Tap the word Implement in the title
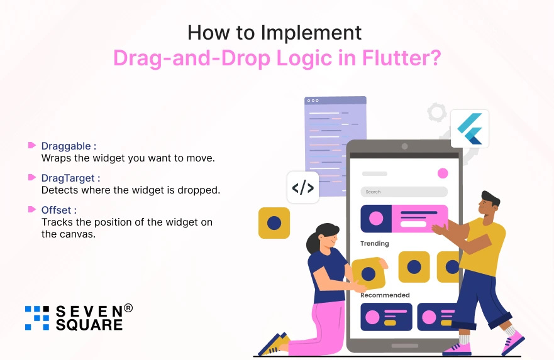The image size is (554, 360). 311,33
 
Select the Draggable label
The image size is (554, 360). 66,146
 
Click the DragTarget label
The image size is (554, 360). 68,178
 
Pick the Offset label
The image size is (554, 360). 56,210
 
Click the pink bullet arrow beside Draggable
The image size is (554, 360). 32,145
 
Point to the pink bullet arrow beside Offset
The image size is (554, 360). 32,209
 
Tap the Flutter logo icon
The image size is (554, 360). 470,128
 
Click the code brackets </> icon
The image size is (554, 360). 303,187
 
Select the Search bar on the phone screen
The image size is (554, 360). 404,192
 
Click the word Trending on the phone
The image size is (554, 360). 375,244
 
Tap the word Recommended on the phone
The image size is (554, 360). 385,295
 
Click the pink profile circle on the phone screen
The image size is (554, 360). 443,173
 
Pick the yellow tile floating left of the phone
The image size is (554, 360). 274,223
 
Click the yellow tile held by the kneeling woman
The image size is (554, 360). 368,273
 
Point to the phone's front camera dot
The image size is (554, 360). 404,146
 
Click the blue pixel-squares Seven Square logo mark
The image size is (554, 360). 37,318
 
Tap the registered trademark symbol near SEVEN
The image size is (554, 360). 128,308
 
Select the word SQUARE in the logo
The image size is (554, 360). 89,325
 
